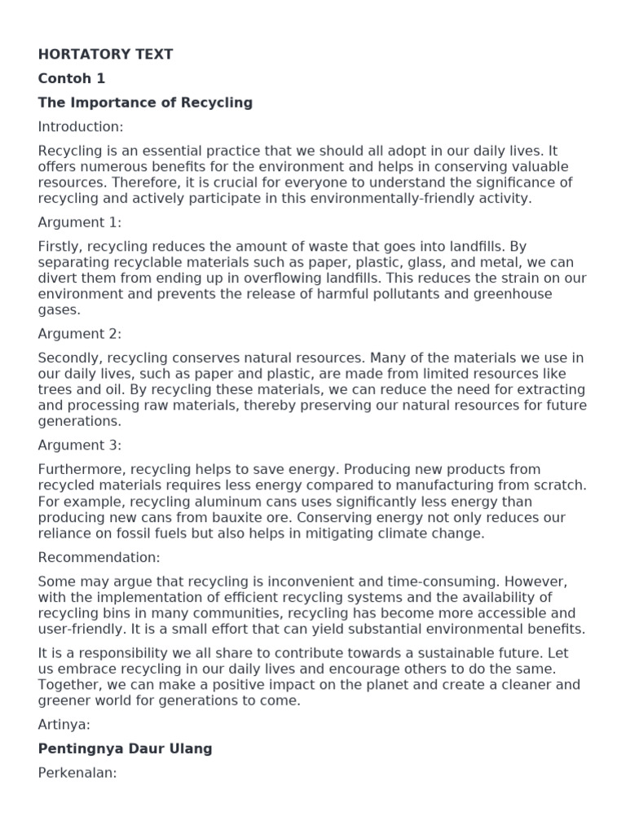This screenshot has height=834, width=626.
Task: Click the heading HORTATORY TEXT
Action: coord(105,55)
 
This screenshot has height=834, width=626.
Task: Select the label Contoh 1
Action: coord(72,79)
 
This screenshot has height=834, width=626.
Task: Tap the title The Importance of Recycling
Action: coord(145,103)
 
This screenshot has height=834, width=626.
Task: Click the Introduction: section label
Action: coord(81,127)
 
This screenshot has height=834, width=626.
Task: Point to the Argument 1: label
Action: coord(79,222)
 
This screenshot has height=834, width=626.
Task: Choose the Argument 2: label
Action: coord(79,334)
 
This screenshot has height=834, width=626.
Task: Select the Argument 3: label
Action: coord(79,446)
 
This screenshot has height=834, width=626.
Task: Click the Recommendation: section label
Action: coord(99,557)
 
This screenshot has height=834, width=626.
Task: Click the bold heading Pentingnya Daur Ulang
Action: coord(125,749)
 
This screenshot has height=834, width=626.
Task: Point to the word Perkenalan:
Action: coord(77,773)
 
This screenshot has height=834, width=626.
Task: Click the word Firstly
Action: coord(59,247)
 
